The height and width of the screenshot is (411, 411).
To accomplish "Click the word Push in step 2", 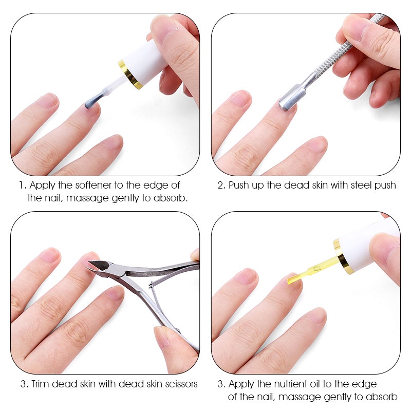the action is coord(239,185).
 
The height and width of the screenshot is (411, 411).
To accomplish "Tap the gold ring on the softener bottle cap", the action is coord(130,74).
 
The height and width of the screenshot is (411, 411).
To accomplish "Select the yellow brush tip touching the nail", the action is coord(294,278).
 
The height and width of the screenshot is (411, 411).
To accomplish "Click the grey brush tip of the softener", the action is coord(93,100).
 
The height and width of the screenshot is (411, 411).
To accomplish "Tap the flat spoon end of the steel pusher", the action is coord(288,101).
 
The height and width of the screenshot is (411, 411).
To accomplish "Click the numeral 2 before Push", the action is coord(221,185).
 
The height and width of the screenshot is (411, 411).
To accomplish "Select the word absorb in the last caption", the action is coord(381,397).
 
